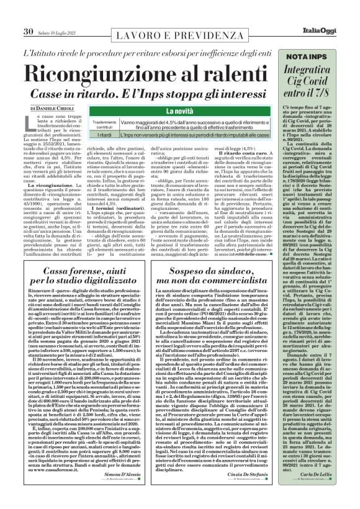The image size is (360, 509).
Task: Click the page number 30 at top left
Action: click(x=29, y=12)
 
